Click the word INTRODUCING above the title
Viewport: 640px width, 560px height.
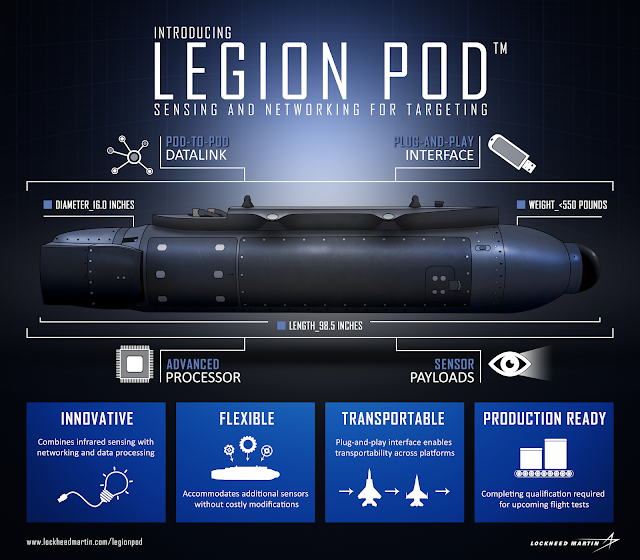[x=195, y=33]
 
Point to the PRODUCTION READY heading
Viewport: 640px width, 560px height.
[x=545, y=419]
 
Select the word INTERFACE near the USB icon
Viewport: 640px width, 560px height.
[x=439, y=157]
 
